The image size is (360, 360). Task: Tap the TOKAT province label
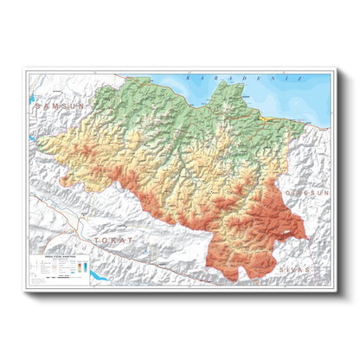pyautogui.click(x=115, y=238)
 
